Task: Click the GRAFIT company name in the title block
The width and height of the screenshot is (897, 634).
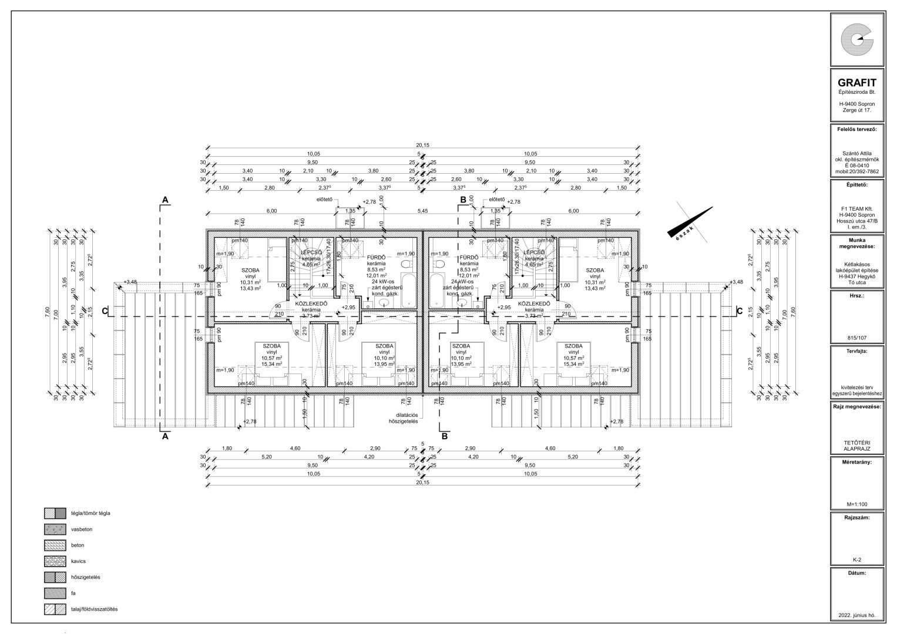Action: point(857,83)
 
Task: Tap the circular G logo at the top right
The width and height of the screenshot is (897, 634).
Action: point(857,39)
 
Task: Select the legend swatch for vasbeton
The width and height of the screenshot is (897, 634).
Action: point(55,529)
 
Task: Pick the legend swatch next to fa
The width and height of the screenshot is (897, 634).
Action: point(55,593)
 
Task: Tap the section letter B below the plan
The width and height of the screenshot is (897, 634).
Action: point(445,436)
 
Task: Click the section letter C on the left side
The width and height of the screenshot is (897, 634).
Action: point(105,311)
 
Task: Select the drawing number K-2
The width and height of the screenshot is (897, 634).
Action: point(857,559)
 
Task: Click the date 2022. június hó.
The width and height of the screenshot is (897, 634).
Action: point(857,616)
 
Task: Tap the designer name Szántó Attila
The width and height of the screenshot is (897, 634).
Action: point(857,153)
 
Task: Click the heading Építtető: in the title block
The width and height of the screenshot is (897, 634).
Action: point(857,184)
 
